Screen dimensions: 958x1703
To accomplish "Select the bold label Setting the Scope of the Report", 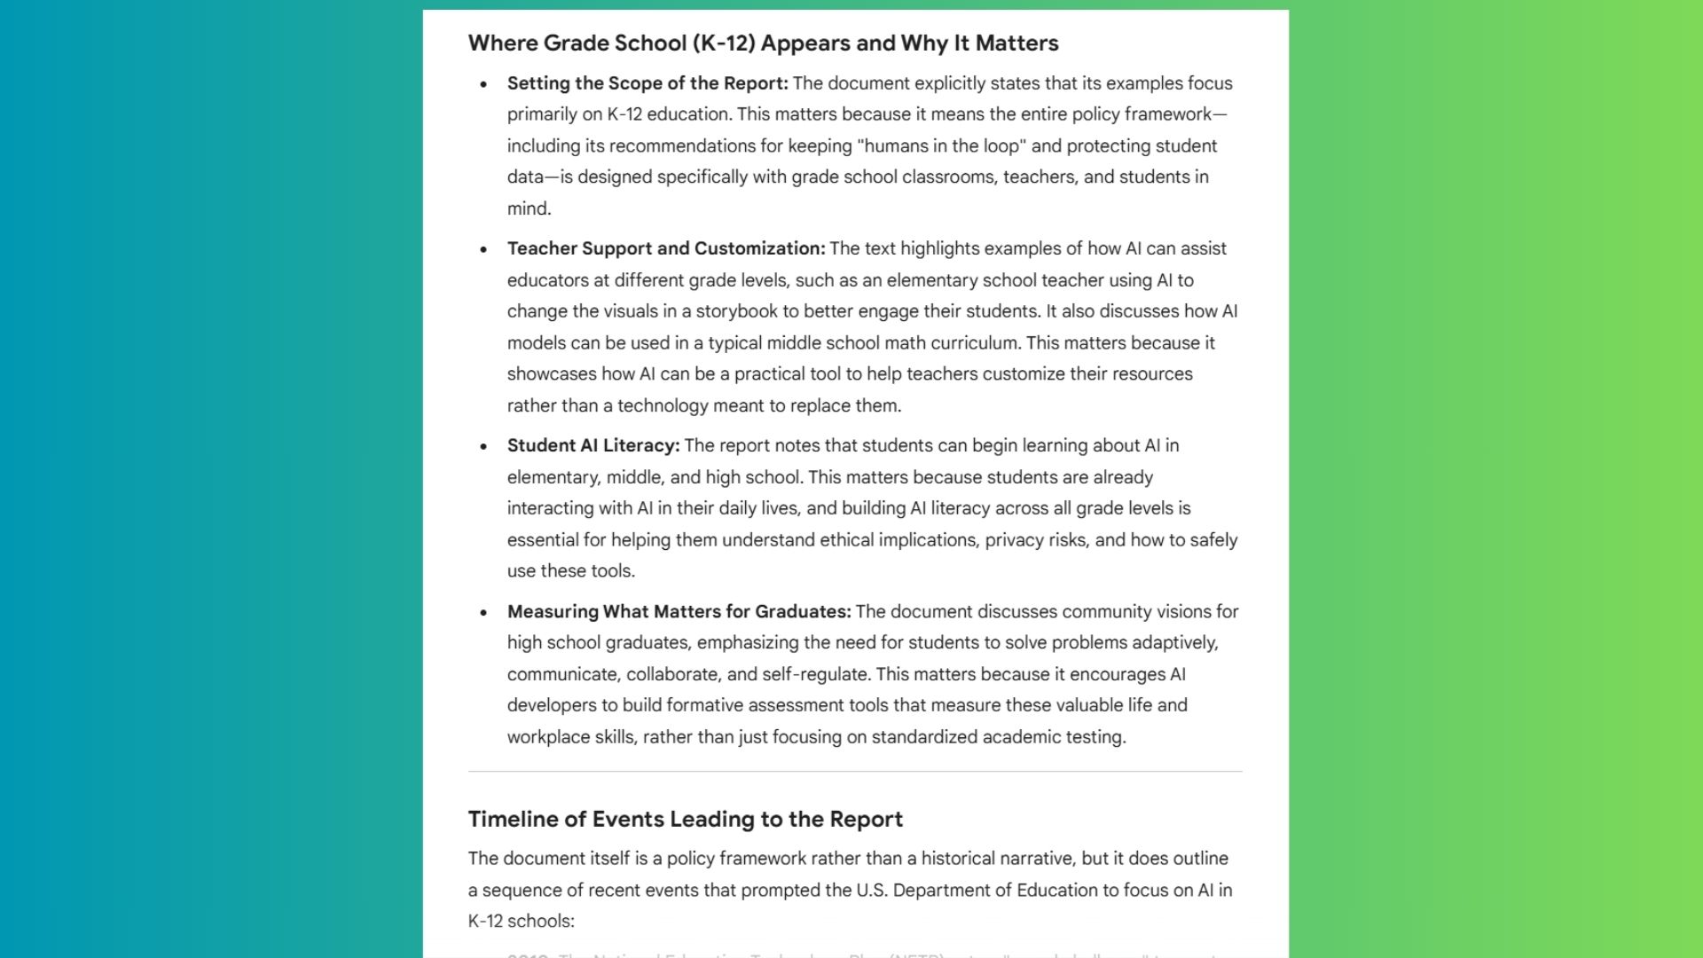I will click(647, 83).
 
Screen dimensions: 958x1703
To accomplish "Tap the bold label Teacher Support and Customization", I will click(665, 248).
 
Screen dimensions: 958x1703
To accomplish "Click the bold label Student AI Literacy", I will click(593, 445).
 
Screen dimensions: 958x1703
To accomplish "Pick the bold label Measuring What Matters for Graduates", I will click(679, 611).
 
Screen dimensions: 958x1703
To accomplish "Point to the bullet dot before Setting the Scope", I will click(483, 84).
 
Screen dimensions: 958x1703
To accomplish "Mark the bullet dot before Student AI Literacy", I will click(483, 446).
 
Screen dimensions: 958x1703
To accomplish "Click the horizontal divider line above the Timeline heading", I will click(855, 772).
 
